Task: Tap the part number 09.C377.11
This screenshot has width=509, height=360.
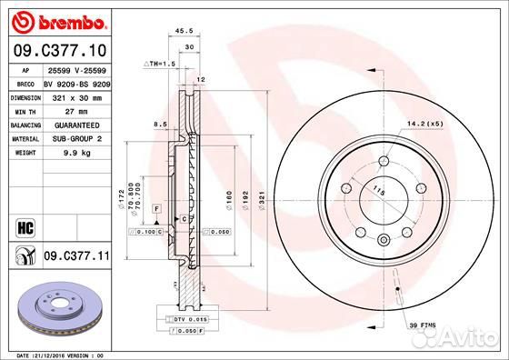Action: pos(76,258)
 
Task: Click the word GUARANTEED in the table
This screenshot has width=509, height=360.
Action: pos(73,125)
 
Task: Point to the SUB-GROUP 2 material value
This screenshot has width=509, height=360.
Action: pos(73,139)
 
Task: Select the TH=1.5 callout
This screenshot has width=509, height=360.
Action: pos(159,65)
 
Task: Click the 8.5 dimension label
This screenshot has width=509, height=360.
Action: pos(160,123)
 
